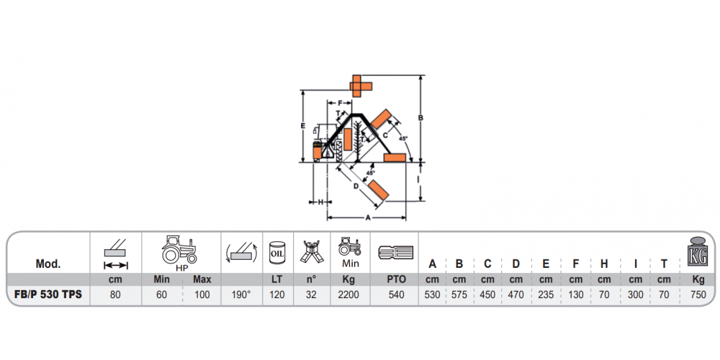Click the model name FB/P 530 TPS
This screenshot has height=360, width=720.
pos(48,294)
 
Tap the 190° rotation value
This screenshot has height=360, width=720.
pos(240,294)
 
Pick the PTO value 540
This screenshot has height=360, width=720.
pos(396,294)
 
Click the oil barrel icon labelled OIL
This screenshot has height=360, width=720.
pos(278,253)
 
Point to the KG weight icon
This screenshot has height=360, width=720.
pos(698,252)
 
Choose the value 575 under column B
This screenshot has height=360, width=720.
pos(459,294)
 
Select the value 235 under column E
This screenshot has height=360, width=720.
pos(546,294)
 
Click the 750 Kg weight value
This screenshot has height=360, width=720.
pos(698,294)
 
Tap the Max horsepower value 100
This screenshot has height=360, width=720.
pos(202,294)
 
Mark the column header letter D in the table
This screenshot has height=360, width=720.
pos(516,264)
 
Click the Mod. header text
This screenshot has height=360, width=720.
pos(48,264)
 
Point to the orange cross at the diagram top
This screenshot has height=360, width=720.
pos(361,86)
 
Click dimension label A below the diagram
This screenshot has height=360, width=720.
pos(367,218)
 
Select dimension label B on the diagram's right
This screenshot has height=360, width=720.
pos(420,118)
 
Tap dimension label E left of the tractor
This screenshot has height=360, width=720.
pos(302,125)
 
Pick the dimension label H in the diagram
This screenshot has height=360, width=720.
pos(320,202)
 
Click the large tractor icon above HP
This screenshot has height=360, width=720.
pos(179,250)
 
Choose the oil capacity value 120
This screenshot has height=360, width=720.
pos(277,294)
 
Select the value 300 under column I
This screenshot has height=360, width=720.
pos(635,294)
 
